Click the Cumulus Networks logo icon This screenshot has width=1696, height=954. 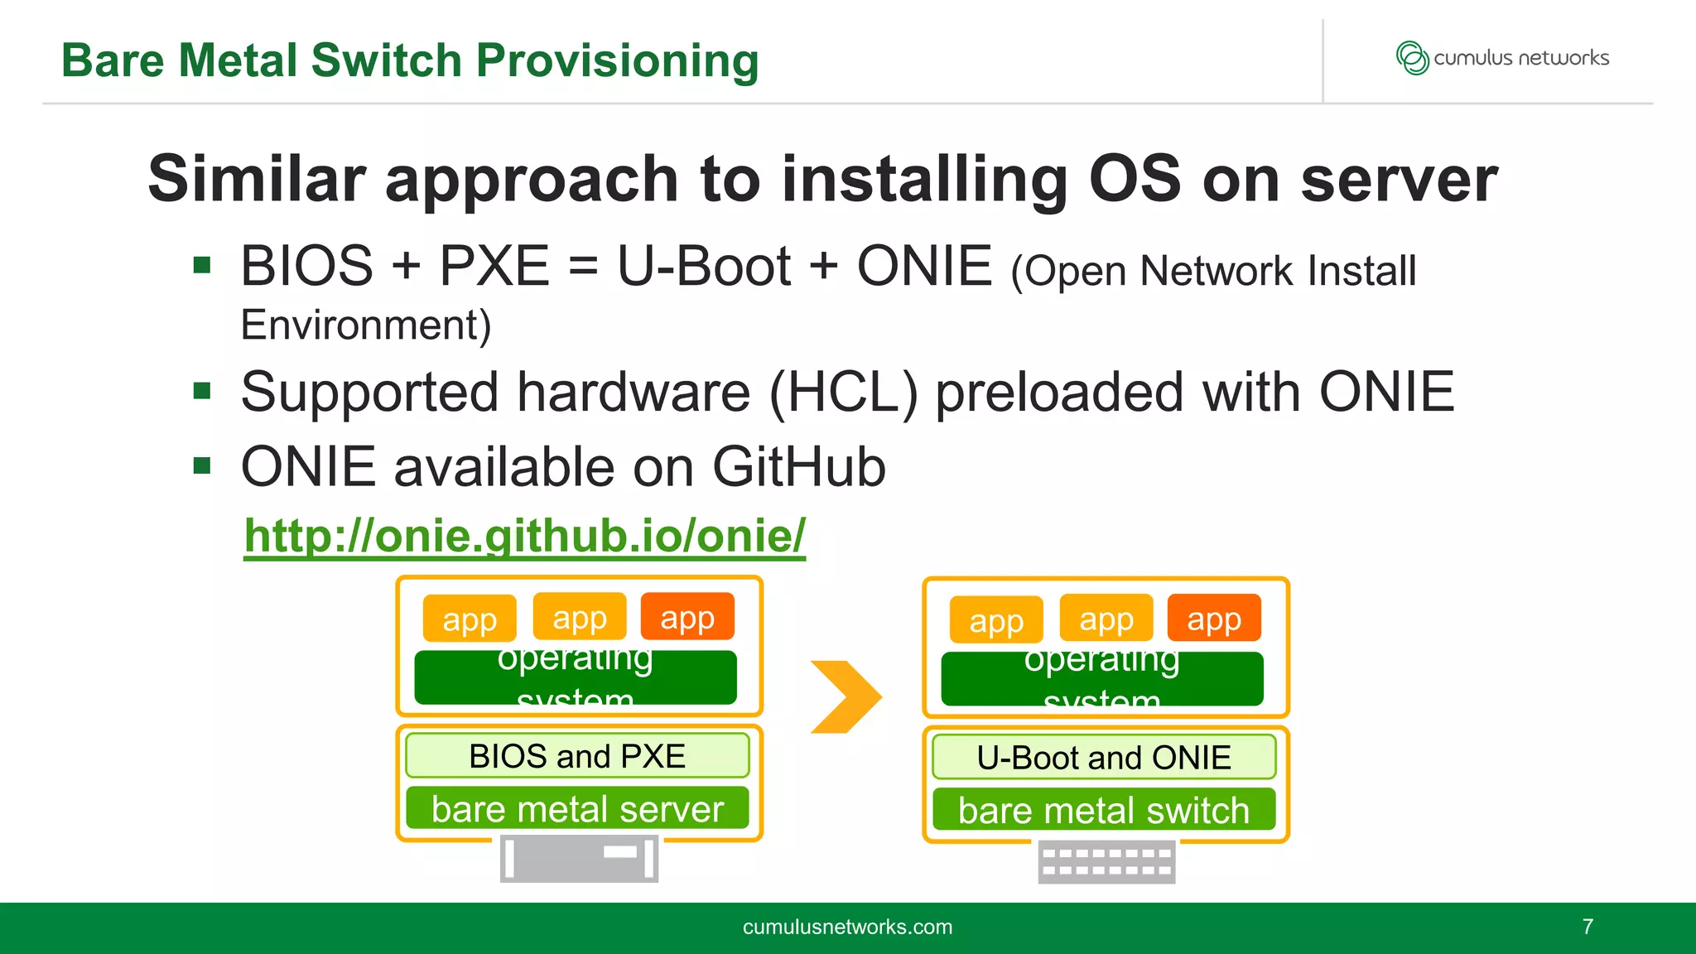1412,58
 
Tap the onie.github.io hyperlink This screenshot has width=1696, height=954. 524,536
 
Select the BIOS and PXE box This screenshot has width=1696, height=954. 577,756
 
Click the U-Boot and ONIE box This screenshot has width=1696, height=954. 1103,758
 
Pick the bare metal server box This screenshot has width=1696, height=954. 577,809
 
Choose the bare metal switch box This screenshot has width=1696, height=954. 1103,810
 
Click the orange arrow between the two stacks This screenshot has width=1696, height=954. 846,696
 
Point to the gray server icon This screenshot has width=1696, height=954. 579,859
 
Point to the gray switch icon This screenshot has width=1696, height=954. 1106,862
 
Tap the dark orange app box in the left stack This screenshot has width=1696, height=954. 687,617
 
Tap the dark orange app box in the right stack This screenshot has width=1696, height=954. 1214,619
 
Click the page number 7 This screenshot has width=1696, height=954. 1587,927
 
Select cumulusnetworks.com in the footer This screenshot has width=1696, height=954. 847,927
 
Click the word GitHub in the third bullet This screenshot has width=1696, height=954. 798,467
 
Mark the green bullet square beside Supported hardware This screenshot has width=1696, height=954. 202,390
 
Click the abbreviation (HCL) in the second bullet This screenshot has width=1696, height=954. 843,392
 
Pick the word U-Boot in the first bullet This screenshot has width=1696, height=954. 704,267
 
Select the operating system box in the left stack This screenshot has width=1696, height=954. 576,677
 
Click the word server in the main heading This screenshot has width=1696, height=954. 1399,179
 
